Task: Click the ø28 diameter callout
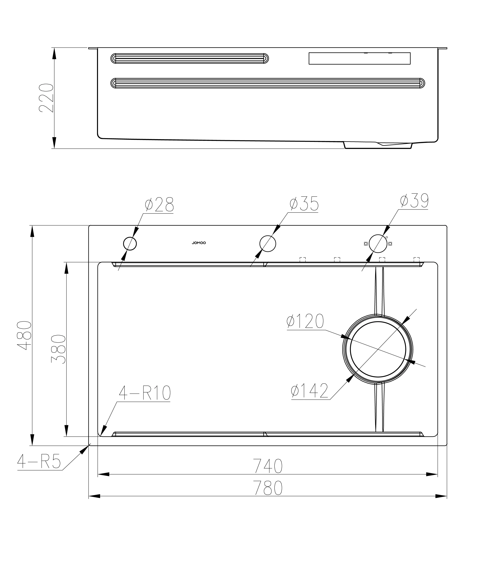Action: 159,204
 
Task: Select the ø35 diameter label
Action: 304,204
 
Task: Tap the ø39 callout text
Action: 414,201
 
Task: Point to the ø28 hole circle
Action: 130,244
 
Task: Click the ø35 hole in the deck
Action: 267,244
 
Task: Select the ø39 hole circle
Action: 378,244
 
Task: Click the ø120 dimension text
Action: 305,321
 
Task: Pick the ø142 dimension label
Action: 310,391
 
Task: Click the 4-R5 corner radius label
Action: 39,462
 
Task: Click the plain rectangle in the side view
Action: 359,58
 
